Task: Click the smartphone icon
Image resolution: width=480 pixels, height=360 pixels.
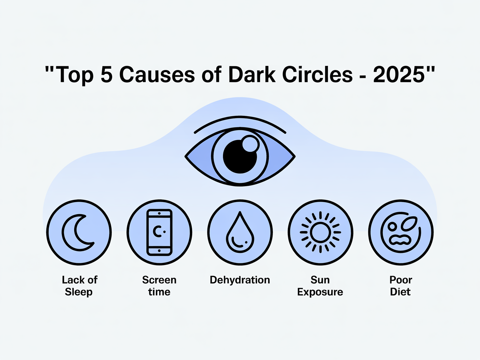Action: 159,232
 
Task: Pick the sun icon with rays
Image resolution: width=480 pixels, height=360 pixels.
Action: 320,232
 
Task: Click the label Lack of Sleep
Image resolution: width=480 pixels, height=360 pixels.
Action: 79,285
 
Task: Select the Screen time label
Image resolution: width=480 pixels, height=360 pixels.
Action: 159,285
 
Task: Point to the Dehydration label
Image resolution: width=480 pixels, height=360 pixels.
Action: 240,280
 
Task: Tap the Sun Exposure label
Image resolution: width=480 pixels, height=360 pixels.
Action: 320,285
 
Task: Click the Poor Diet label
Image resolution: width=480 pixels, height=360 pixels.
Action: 400,285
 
